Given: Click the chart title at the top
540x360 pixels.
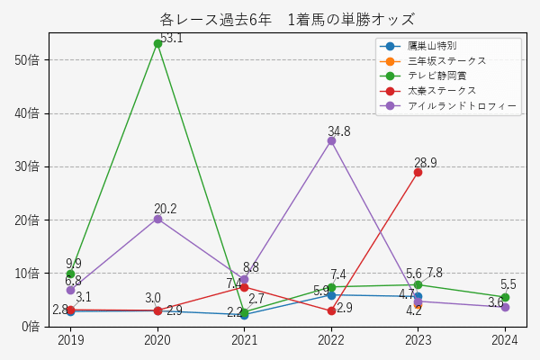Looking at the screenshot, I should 287,19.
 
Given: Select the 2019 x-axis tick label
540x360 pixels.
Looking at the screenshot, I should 70,341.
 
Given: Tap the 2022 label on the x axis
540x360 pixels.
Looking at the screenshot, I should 331,341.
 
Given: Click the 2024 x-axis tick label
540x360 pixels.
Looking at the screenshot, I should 505,341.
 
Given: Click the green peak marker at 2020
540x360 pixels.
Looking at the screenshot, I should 157,43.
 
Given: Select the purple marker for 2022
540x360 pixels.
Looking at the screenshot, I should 331,140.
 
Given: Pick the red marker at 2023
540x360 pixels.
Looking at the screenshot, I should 418,172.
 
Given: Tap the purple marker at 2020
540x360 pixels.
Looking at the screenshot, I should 157,219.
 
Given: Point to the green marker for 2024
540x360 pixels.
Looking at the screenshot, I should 505,297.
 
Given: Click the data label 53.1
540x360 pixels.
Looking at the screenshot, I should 171,38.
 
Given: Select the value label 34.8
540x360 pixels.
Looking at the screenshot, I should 339,131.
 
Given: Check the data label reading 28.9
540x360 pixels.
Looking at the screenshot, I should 426,163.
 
